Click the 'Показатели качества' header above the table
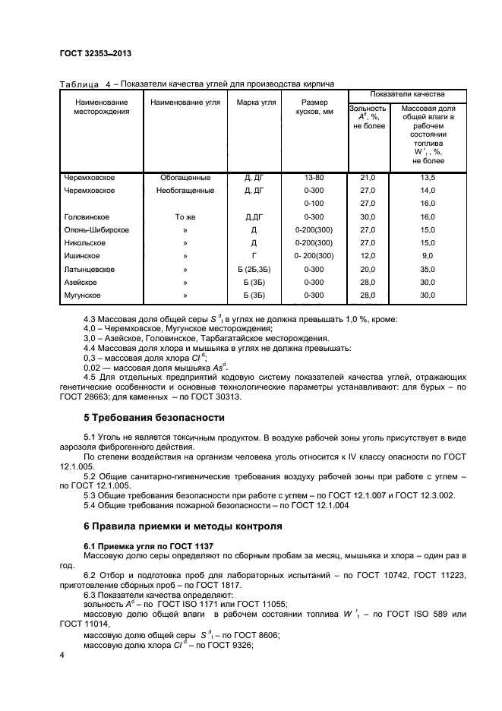click(x=406, y=93)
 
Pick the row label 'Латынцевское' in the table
click(x=90, y=269)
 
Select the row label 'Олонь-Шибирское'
click(x=96, y=229)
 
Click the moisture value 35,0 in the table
click(x=428, y=269)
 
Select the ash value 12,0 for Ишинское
click(x=368, y=256)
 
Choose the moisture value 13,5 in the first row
click(x=428, y=177)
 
